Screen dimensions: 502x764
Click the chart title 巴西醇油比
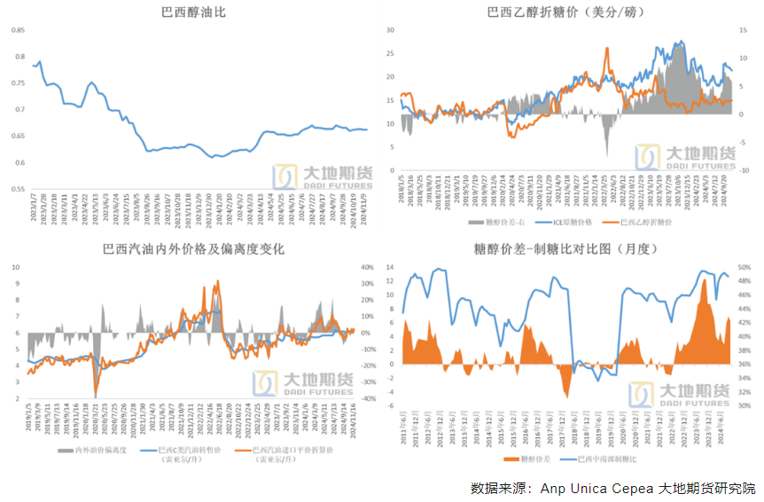pyautogui.click(x=193, y=12)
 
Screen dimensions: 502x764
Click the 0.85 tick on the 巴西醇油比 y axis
pyautogui.click(x=19, y=30)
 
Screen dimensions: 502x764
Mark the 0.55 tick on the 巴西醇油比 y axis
pyautogui.click(x=19, y=189)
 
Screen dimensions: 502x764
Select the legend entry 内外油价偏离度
pyautogui.click(x=97, y=451)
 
